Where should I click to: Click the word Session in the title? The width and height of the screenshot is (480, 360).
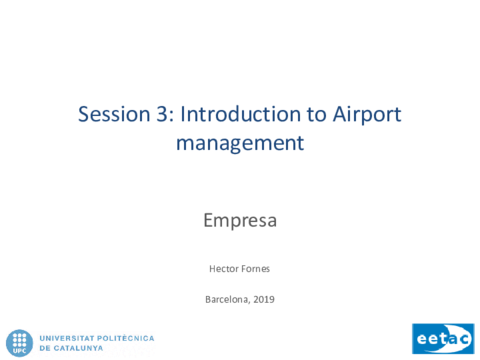tap(114, 114)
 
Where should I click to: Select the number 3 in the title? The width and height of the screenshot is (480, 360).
tap(162, 114)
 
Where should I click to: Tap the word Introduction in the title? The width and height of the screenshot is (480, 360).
tap(241, 114)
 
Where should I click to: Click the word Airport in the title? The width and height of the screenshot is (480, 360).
tap(367, 115)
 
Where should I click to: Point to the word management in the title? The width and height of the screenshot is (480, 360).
tap(240, 144)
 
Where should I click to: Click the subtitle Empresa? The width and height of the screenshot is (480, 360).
tap(240, 221)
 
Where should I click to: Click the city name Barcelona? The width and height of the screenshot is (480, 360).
tap(227, 299)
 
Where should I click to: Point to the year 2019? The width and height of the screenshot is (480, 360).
tap(264, 299)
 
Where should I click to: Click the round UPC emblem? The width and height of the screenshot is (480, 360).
tap(20, 343)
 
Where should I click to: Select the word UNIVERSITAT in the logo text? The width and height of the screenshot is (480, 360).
tap(67, 338)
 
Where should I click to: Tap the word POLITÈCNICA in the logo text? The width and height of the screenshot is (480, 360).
tap(126, 338)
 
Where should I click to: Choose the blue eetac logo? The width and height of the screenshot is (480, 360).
tap(443, 339)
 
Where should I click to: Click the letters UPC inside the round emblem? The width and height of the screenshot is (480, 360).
tap(20, 351)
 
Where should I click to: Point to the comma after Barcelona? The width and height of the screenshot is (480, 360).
tap(250, 303)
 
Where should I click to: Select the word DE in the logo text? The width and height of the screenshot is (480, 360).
tap(45, 348)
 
